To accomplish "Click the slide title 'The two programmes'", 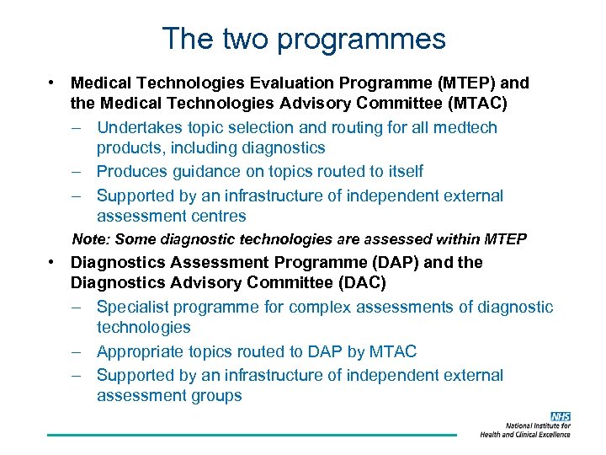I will click(303, 39).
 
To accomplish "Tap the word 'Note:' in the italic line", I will click(90, 240).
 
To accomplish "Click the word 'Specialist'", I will click(132, 307).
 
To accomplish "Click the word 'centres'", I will click(217, 216).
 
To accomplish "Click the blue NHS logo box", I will click(561, 416).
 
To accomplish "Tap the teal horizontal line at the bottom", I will click(252, 435).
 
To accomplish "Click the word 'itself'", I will click(403, 171).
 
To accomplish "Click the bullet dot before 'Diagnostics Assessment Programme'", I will click(52, 261).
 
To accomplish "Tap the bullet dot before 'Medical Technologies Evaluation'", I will click(52, 83).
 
